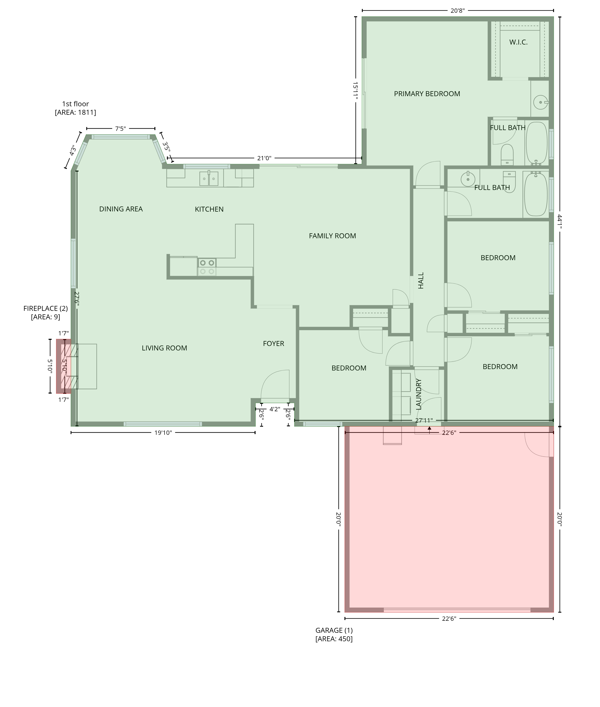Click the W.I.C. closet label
(518, 42)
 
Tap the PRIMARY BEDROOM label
(427, 94)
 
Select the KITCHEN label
(209, 209)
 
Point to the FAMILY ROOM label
(332, 236)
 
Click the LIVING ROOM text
(164, 348)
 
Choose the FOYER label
(273, 343)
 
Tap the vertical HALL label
(421, 280)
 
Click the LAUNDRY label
(418, 394)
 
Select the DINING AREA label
(121, 209)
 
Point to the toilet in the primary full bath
(507, 155)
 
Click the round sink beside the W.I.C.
(541, 102)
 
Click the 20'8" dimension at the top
(457, 11)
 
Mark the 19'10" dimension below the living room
(163, 432)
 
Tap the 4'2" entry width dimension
(275, 409)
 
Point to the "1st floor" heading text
(75, 104)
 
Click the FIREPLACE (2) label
(46, 308)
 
